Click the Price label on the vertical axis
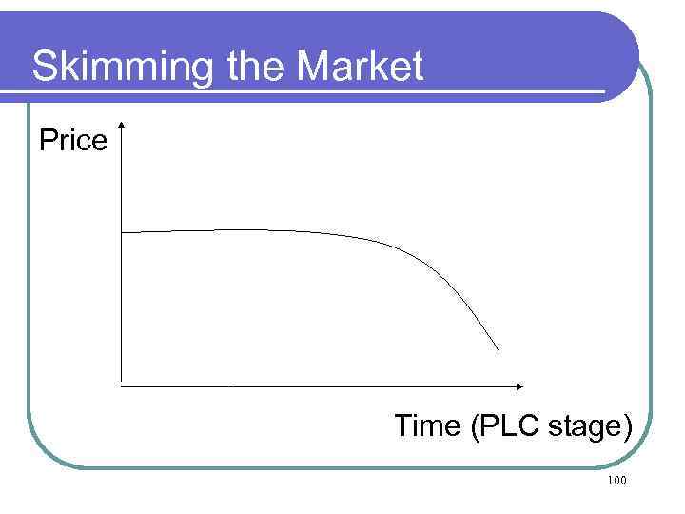(x=73, y=141)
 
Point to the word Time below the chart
(x=427, y=425)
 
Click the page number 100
(x=616, y=482)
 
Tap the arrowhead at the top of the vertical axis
(x=123, y=126)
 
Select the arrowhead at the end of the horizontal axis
(x=519, y=385)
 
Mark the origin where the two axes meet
(x=123, y=385)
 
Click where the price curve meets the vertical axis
(x=123, y=231)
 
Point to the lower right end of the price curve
(x=499, y=351)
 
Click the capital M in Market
(x=314, y=67)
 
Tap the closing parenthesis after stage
(x=626, y=426)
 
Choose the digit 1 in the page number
(x=609, y=482)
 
